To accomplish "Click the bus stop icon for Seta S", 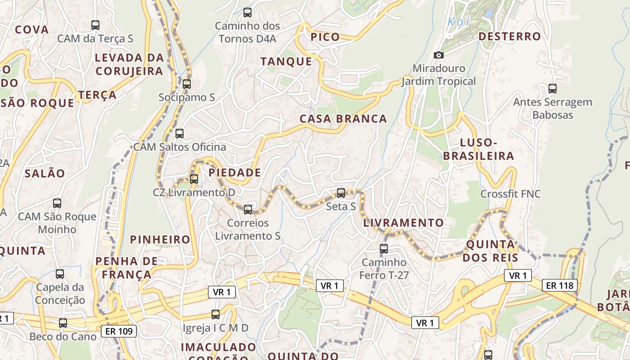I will click(x=341, y=193).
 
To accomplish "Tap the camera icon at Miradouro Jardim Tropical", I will click(x=438, y=55).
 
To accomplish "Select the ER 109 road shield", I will click(x=119, y=332).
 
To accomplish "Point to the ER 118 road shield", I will click(x=559, y=285).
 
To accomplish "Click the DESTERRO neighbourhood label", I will click(x=509, y=36).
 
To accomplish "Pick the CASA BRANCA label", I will click(x=343, y=119).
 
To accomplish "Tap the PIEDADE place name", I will click(x=234, y=172).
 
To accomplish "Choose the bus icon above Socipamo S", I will click(x=187, y=84).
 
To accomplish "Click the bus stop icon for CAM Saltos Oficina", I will click(x=180, y=133).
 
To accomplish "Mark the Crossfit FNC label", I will click(x=510, y=194).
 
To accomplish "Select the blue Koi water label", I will click(x=459, y=22).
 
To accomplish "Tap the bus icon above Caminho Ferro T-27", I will click(x=384, y=248).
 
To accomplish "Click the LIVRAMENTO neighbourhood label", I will click(x=403, y=223).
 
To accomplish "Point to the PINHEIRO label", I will click(x=160, y=239).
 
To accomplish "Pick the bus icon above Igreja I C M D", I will click(x=216, y=314).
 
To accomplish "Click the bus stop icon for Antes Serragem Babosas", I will click(x=553, y=88).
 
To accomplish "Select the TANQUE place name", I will click(x=286, y=62).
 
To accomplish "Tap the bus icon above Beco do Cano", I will click(x=63, y=323).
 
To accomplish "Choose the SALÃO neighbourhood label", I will click(x=45, y=173).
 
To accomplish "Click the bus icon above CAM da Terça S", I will click(x=95, y=25).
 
